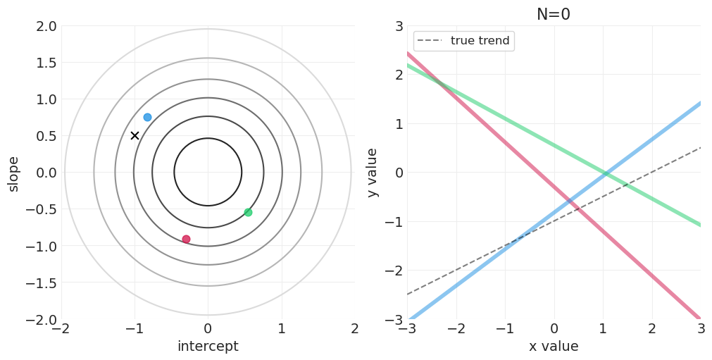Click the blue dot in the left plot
pos(147,117)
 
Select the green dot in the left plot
pos(248,212)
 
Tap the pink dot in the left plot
pos(186,239)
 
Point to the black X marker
pos(135,135)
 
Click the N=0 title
pos(554,14)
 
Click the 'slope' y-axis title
pos(13,173)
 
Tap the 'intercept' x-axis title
pos(208,347)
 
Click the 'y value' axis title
pos(373,173)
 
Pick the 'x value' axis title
pos(554,347)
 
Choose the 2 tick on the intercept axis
pos(354,329)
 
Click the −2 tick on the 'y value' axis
pos(394,271)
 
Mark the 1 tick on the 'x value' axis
pos(603,329)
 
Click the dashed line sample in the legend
pos(430,41)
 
